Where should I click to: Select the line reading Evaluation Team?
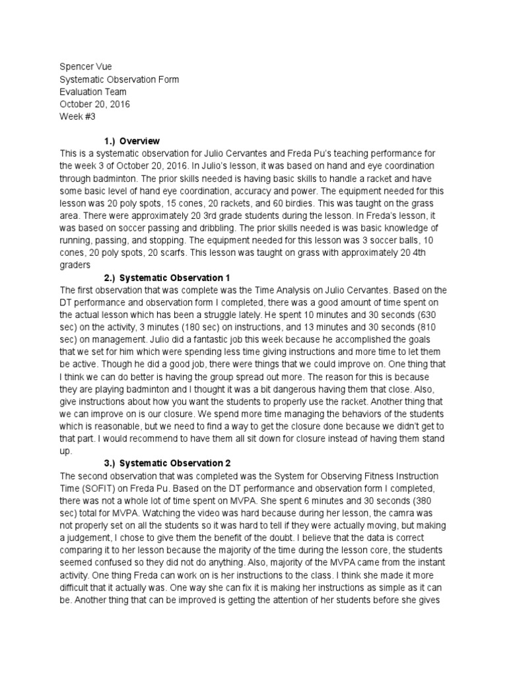93,92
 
